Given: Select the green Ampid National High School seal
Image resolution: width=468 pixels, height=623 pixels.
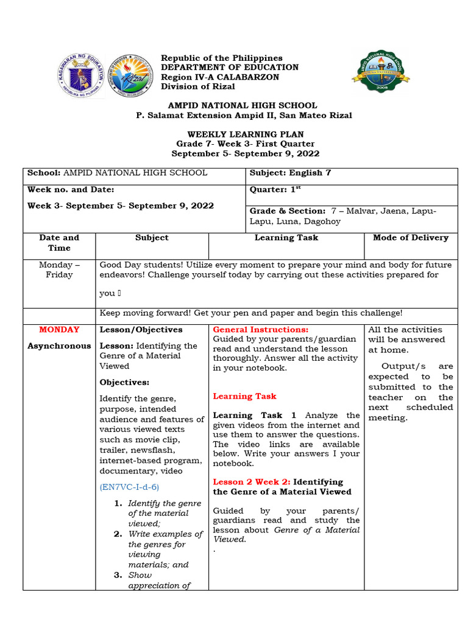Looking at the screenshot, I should (381, 72).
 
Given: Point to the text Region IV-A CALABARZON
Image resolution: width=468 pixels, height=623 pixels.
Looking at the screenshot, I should (220, 77).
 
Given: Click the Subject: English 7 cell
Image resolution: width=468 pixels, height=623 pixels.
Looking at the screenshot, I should (291, 173).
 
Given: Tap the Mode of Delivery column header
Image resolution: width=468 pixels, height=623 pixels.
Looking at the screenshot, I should (410, 238).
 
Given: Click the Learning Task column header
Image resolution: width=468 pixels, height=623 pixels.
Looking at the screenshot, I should (286, 238).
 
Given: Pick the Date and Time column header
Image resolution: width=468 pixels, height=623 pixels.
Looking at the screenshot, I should (59, 243).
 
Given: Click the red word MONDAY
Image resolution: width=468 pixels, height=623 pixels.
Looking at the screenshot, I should (59, 330).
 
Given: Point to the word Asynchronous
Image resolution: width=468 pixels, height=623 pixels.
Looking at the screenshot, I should (59, 346).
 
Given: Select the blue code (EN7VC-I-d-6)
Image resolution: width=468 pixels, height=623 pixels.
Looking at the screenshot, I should (129, 487).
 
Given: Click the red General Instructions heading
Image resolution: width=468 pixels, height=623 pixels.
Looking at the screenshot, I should (261, 330).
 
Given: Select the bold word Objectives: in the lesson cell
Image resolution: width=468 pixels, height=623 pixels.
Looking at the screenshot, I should (124, 383).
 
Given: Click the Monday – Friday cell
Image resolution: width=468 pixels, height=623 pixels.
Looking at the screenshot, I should (59, 270).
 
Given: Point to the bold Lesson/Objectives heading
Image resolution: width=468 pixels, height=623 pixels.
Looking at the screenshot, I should (141, 330).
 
